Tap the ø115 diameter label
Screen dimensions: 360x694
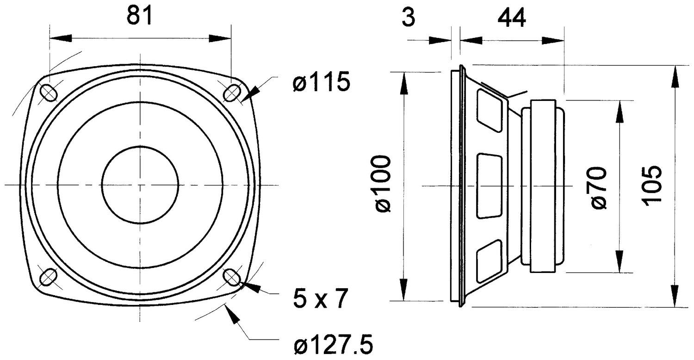(x=321, y=83)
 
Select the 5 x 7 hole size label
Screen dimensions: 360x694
(x=320, y=299)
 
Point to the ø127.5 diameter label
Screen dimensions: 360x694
(x=333, y=345)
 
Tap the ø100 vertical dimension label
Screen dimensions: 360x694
(x=384, y=184)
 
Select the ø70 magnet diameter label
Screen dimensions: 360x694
(x=599, y=188)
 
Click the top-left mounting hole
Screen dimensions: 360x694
(x=49, y=93)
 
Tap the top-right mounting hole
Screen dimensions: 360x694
(x=231, y=93)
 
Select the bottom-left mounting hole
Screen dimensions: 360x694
(x=48, y=277)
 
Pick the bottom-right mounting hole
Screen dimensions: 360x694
(x=231, y=277)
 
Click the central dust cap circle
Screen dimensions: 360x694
(x=140, y=185)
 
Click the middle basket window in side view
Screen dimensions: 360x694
(x=489, y=186)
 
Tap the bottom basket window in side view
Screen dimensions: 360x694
(x=489, y=261)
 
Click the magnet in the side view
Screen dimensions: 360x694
(x=542, y=186)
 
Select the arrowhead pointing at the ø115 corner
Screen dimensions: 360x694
(x=248, y=94)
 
